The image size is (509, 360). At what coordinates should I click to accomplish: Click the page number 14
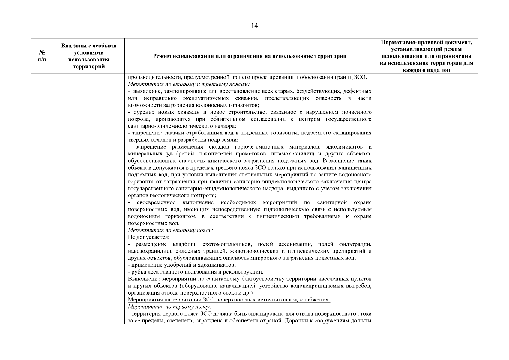(x=254, y=26)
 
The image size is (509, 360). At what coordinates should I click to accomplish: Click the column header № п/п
(x=42, y=56)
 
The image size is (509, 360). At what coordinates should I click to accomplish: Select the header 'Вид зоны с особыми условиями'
(x=89, y=56)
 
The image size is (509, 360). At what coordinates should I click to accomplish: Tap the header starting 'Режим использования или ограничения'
(x=250, y=56)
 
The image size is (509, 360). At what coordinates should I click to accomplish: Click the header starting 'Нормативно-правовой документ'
(x=426, y=56)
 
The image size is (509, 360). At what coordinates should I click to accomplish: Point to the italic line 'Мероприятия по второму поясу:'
(x=170, y=230)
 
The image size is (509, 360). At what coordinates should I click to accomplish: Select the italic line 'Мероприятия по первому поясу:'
(x=170, y=307)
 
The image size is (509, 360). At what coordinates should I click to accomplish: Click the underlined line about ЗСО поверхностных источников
(x=229, y=300)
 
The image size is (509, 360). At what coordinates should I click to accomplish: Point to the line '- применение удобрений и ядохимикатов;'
(x=182, y=265)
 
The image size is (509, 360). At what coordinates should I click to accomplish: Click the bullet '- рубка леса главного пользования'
(x=196, y=272)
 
